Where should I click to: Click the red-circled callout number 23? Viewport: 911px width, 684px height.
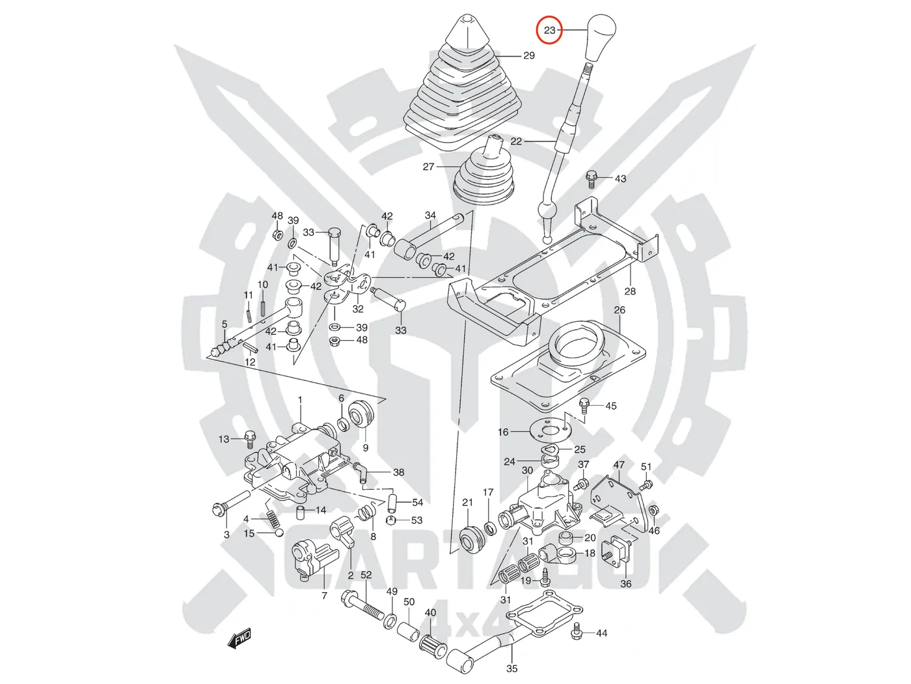click(x=549, y=30)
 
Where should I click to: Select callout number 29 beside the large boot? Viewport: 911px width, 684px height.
click(x=529, y=55)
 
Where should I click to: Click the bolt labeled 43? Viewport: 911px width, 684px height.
click(x=591, y=176)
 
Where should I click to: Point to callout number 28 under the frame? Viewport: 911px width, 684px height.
click(x=630, y=291)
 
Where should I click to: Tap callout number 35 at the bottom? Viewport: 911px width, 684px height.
click(x=512, y=668)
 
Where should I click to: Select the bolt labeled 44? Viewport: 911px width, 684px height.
click(x=577, y=631)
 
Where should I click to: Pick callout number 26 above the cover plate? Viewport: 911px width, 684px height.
click(x=619, y=310)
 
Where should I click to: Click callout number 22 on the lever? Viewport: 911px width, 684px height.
click(x=516, y=141)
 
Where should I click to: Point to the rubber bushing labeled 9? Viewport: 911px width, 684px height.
click(x=362, y=414)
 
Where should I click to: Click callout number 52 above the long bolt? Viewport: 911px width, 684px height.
click(x=366, y=575)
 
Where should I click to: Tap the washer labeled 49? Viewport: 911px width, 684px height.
click(x=390, y=619)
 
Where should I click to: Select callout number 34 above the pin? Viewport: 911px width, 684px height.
click(x=430, y=216)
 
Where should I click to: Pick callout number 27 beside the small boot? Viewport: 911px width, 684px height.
click(x=428, y=167)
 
